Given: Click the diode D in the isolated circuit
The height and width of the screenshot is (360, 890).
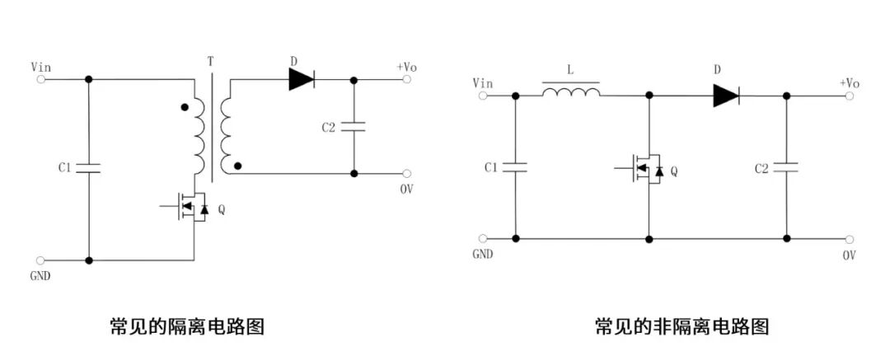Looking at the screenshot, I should [302, 79].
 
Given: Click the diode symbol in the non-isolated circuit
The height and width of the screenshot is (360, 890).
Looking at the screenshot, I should [725, 96].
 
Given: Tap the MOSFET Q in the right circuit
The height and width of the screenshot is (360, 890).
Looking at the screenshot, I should [648, 170].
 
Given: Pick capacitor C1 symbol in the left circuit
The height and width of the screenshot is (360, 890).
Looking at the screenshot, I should [88, 168].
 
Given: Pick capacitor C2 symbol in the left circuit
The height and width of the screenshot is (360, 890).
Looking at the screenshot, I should [354, 127].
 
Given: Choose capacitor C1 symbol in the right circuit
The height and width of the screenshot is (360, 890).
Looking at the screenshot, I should [515, 167].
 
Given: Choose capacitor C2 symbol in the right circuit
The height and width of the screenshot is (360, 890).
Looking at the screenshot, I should [786, 167].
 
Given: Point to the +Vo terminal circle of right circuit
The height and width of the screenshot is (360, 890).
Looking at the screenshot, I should [850, 96].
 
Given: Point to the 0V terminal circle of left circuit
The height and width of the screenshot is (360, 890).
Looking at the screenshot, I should [406, 174].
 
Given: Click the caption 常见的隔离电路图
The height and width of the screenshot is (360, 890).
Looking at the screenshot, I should [187, 326].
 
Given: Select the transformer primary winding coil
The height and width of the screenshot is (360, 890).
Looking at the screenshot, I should [198, 136].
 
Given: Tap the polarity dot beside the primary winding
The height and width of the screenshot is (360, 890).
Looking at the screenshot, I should [184, 107].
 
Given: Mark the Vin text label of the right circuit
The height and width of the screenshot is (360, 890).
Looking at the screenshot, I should [483, 82].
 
